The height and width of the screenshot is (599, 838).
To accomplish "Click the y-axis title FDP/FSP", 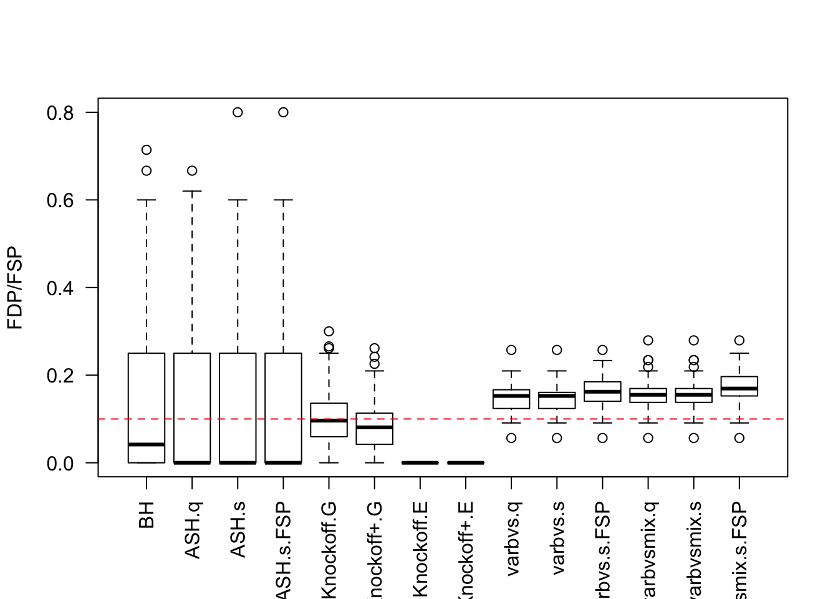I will pos(15,288).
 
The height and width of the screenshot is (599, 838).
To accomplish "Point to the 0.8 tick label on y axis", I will pos(60,113).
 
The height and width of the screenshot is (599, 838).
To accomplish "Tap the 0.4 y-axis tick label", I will pos(60,288).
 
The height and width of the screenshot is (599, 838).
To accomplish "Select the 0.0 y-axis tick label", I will pos(60,464).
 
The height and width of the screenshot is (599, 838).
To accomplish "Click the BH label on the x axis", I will pos(147,515).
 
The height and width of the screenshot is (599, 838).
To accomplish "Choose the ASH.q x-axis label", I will pos(192,530).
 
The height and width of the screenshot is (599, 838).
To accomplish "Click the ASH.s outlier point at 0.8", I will pos(238,112).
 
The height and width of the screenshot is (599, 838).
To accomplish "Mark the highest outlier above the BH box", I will pos(147,150).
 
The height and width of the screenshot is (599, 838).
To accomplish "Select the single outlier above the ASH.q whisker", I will pos(192,171).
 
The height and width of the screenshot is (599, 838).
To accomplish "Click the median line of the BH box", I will pos(147,444).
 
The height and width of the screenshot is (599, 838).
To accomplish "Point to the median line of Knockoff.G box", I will pos(329,421).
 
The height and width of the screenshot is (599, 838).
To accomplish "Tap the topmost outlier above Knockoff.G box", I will pos(329,331).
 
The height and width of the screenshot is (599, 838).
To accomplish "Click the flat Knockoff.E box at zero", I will pos(420,462).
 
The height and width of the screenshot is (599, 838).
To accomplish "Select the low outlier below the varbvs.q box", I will pos(511,438).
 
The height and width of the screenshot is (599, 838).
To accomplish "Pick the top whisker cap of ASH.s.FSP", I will pos(283,200).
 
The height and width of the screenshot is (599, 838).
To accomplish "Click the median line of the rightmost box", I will pos(739,388).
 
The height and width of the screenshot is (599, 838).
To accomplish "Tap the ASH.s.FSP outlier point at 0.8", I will pos(283,112).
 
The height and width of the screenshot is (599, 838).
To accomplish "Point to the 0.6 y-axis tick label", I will pos(60,200).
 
